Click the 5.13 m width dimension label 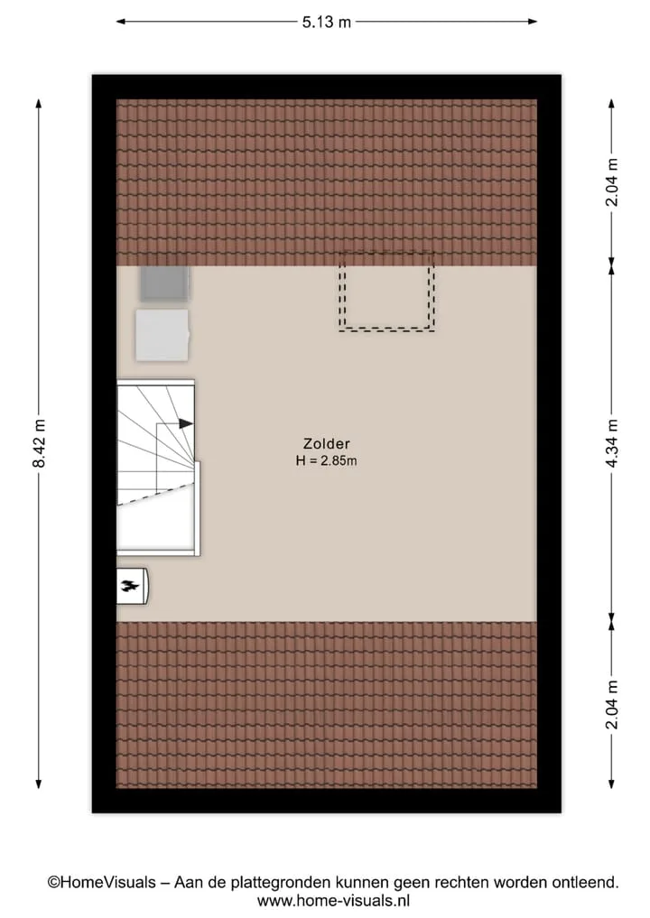pyautogui.click(x=326, y=23)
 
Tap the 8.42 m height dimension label pyautogui.click(x=39, y=443)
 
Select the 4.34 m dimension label pyautogui.click(x=612, y=443)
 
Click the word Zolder pyautogui.click(x=326, y=444)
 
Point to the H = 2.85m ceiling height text pyautogui.click(x=326, y=460)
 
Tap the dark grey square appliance pyautogui.click(x=164, y=283)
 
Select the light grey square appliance pyautogui.click(x=162, y=335)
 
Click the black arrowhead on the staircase pyautogui.click(x=186, y=423)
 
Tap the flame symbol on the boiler pyautogui.click(x=129, y=585)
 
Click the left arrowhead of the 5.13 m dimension pyautogui.click(x=121, y=23)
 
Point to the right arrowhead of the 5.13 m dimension pyautogui.click(x=532, y=23)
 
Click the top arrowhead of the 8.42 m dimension pyautogui.click(x=39, y=104)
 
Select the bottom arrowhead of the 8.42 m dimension pyautogui.click(x=39, y=784)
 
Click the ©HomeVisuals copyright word pyautogui.click(x=102, y=882)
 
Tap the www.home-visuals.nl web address pyautogui.click(x=333, y=901)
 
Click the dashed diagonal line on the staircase pyautogui.click(x=155, y=493)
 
